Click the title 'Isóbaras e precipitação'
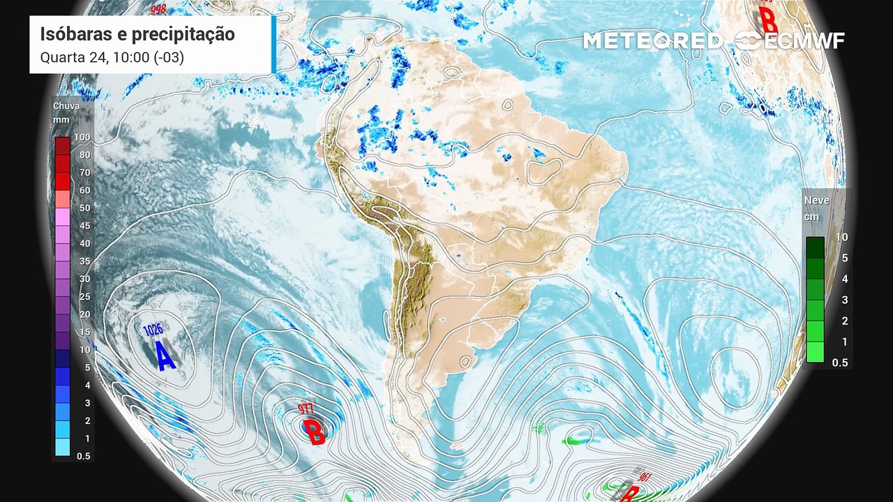[137, 34]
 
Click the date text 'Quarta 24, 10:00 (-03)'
[112, 57]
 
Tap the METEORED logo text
[652, 41]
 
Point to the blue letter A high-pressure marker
[165, 356]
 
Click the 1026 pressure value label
[153, 329]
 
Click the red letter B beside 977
[315, 432]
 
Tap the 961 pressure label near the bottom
[645, 478]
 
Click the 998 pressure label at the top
[158, 9]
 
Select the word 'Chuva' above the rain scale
[66, 106]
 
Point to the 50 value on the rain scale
[84, 208]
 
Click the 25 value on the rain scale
[84, 296]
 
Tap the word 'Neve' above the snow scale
[817, 200]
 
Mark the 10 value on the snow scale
[842, 237]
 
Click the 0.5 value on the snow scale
[840, 363]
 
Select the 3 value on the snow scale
[842, 300]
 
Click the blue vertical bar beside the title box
[273, 44]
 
